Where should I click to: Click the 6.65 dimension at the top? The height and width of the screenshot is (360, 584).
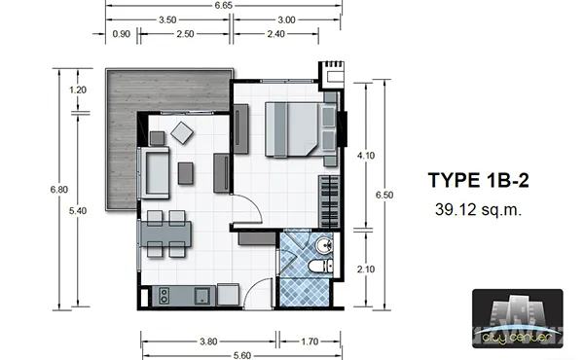point(224,5)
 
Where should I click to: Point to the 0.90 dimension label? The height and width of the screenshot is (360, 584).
point(122,34)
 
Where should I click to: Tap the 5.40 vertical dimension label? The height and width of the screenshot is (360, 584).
point(78,211)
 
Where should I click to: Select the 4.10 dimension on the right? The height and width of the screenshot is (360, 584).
point(366,156)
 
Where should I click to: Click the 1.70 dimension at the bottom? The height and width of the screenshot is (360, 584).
point(310,342)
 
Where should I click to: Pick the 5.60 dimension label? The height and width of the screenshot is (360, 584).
point(241,355)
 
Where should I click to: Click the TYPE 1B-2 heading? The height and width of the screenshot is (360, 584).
point(479,180)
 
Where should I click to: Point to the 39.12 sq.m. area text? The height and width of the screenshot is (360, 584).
point(478,210)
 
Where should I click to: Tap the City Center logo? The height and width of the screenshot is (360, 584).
point(518,319)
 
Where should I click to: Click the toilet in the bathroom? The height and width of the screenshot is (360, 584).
point(320,267)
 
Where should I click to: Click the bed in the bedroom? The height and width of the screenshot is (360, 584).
point(292,129)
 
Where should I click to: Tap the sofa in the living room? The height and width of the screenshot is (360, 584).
point(154,173)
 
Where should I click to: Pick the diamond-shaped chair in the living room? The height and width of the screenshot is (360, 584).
point(182,133)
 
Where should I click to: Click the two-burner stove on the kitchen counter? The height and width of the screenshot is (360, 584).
point(164,296)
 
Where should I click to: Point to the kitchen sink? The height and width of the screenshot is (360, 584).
point(202,296)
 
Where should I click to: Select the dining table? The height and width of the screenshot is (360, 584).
point(165,234)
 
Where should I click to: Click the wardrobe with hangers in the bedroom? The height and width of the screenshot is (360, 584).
point(329,201)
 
